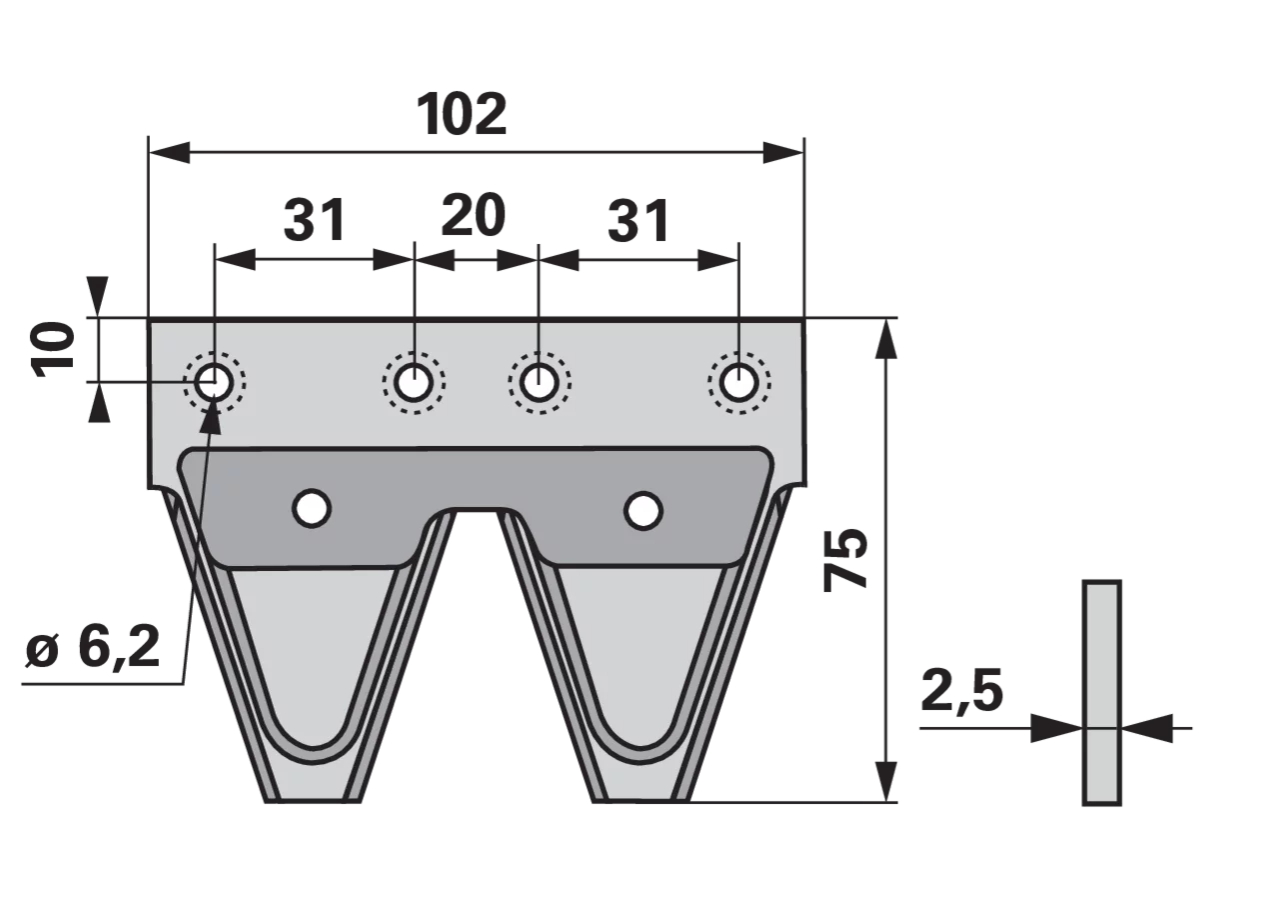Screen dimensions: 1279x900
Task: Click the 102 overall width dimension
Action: (462, 114)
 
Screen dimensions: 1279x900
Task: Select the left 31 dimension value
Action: (315, 220)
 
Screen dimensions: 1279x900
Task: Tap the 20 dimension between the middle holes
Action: (474, 215)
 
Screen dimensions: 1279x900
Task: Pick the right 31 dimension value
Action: (639, 221)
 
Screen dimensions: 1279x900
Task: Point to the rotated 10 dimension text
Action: (54, 350)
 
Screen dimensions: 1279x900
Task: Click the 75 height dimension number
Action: (845, 559)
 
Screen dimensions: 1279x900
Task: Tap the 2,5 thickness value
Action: (961, 690)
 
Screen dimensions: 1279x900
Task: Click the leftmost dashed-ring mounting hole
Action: (214, 382)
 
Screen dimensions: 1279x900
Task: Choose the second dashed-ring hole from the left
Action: (414, 382)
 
